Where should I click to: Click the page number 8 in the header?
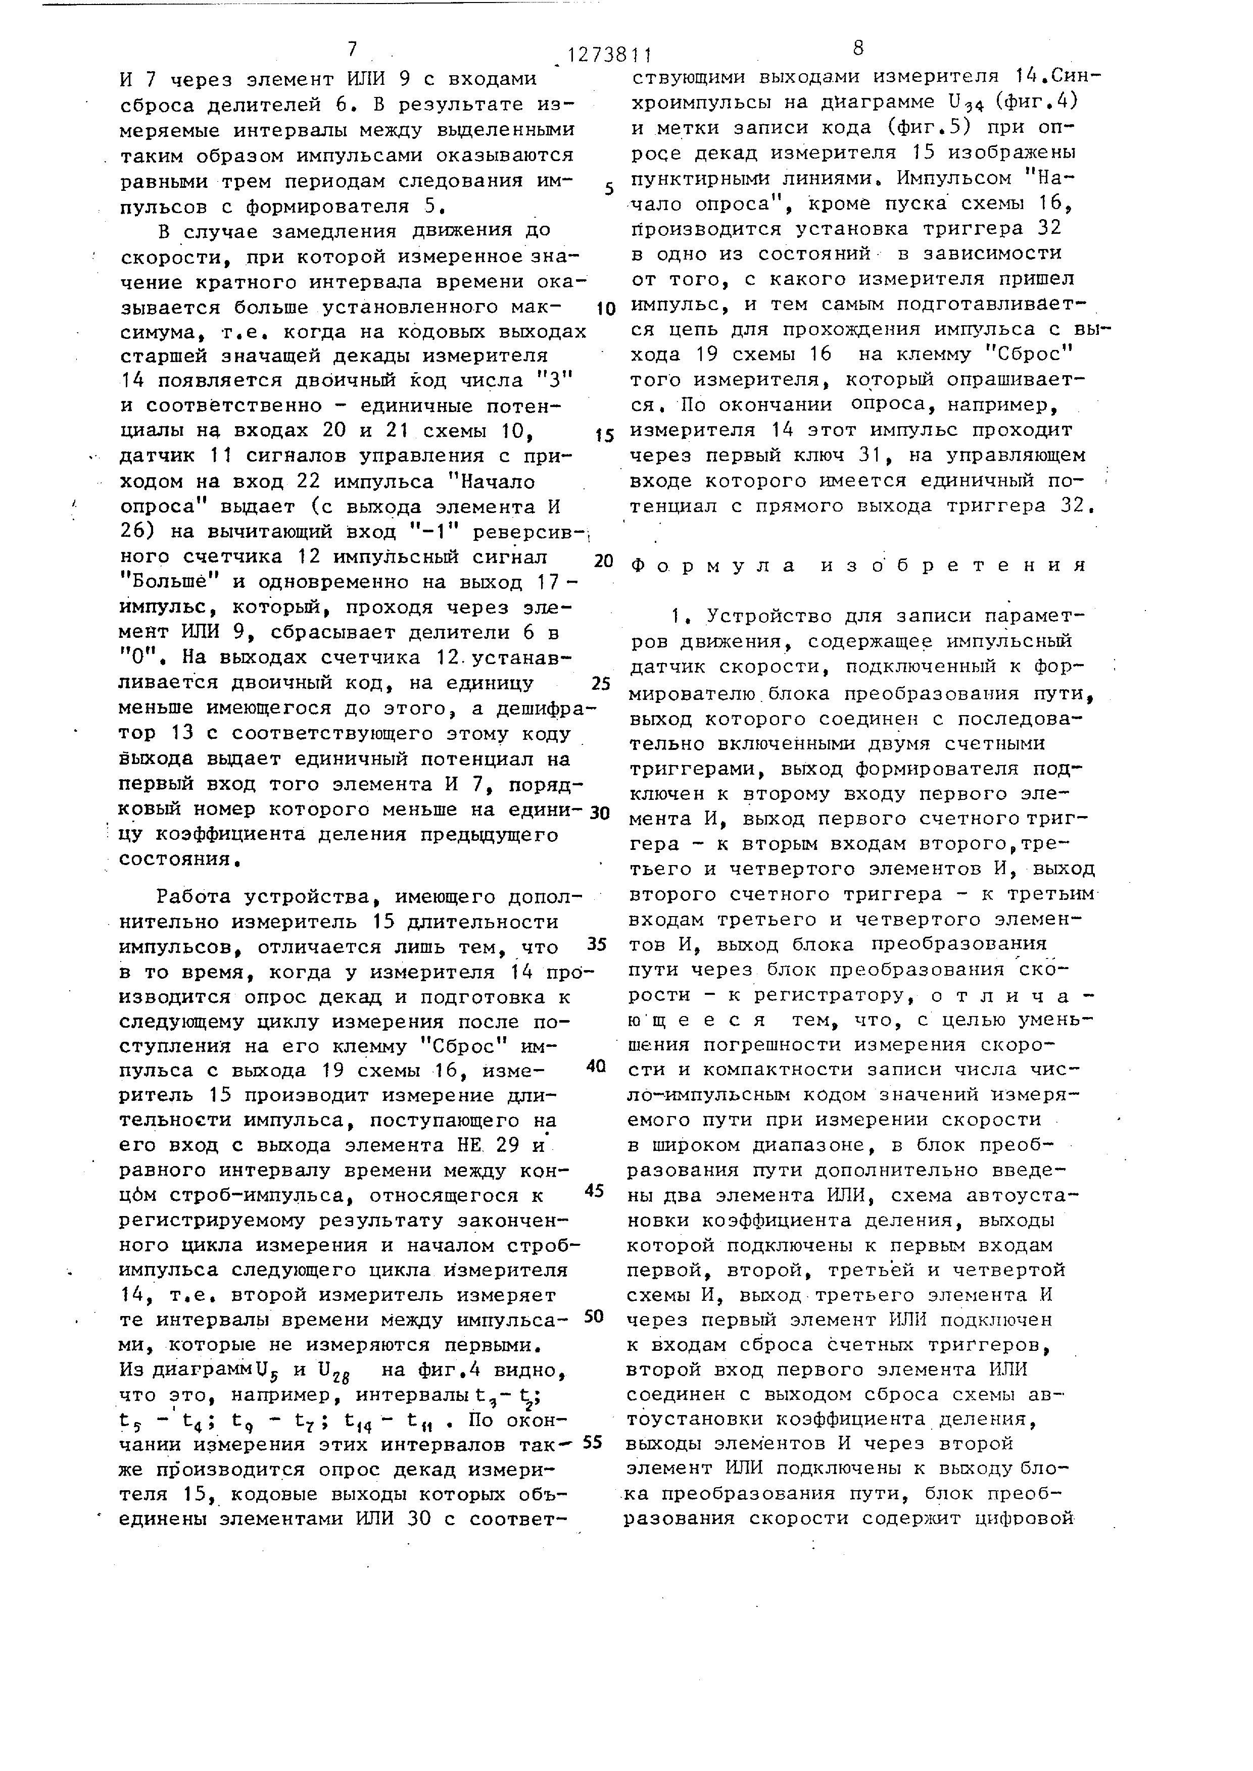[x=858, y=48]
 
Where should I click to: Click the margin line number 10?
[x=606, y=310]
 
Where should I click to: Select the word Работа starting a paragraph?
[x=196, y=897]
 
